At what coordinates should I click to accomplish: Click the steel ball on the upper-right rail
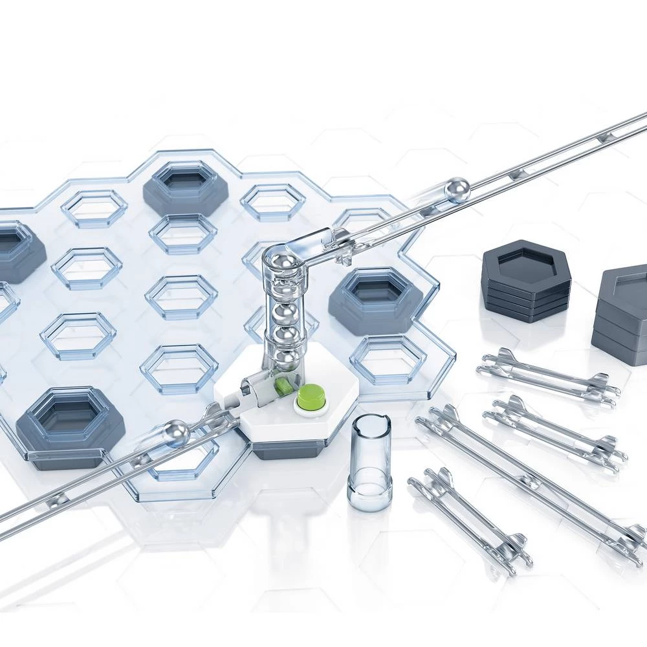[457, 190]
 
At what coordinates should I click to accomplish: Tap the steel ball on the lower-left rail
[175, 433]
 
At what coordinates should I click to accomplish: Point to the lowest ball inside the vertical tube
[287, 358]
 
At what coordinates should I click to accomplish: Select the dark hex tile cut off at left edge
[16, 249]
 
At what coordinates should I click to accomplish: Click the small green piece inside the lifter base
[283, 386]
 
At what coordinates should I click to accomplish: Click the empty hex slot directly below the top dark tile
[183, 234]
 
